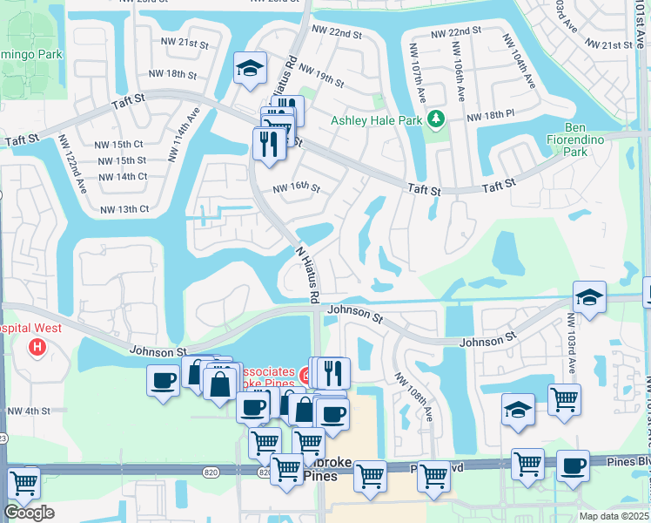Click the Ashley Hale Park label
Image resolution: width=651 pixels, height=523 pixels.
point(376,120)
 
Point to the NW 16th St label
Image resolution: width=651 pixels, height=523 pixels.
point(297,187)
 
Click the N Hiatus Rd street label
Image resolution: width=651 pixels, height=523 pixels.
point(308,274)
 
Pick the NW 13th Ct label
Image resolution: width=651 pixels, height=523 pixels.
point(125,209)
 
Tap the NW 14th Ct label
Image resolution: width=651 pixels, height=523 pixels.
point(122,176)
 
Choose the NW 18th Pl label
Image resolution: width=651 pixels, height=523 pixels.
point(491,115)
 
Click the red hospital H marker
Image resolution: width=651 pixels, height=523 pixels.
point(37,349)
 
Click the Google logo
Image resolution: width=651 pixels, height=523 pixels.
point(29,513)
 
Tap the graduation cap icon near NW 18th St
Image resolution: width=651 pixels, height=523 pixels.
point(250,68)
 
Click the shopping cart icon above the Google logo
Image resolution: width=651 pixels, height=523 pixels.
point(23,481)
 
